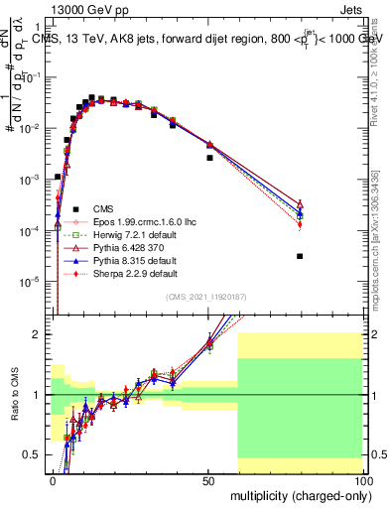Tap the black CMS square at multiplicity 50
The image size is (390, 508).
tap(209, 158)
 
